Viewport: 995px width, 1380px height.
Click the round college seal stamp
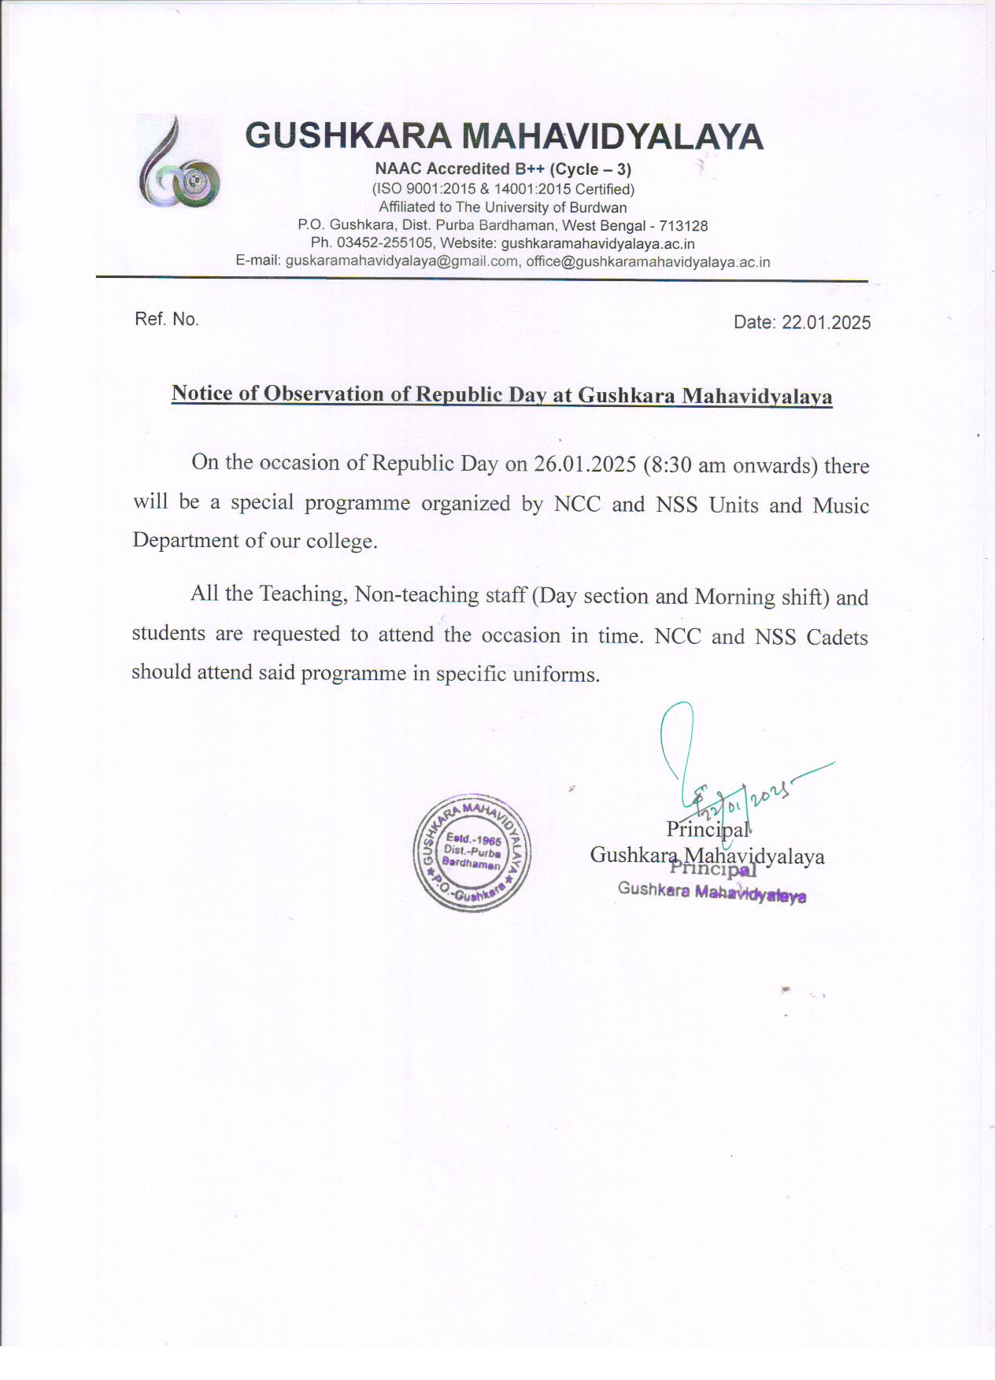472,853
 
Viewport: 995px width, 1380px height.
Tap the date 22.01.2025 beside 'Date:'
826,322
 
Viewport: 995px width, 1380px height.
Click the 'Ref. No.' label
167,319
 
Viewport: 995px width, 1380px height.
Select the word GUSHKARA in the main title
348,136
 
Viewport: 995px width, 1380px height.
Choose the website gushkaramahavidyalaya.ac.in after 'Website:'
597,244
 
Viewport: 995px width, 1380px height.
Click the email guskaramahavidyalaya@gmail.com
401,261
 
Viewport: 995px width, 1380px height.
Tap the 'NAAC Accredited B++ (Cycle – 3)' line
503,168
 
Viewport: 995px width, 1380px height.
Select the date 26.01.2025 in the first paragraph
584,464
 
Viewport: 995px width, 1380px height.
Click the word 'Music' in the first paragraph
841,505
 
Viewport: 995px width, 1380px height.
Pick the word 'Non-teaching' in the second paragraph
416,594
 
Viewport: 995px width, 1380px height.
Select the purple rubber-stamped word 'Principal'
713,869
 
